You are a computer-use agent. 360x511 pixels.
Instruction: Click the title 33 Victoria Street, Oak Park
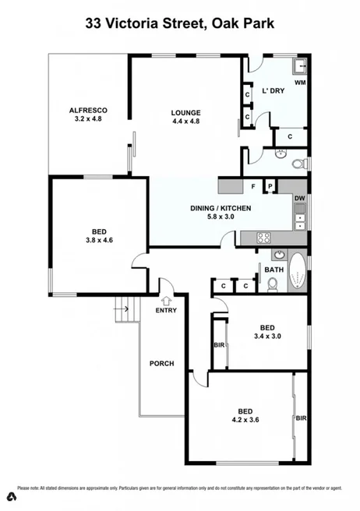coord(180,25)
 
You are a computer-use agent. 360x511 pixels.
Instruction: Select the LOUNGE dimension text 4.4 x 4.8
coord(186,122)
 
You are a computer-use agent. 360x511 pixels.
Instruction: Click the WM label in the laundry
coord(299,82)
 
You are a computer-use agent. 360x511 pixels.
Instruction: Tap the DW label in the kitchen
coord(299,199)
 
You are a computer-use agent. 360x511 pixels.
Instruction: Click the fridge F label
coord(253,186)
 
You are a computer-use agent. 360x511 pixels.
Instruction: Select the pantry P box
coord(270,186)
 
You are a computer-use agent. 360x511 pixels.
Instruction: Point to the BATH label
coord(274,270)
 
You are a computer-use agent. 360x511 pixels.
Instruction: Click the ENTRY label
coord(166,310)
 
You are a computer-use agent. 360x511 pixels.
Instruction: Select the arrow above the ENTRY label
coord(166,299)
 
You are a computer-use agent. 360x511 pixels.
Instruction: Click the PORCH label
coord(161,364)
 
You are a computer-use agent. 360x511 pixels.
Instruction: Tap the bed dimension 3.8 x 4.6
coord(98,241)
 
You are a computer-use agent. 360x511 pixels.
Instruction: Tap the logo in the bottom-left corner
coord(11,496)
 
